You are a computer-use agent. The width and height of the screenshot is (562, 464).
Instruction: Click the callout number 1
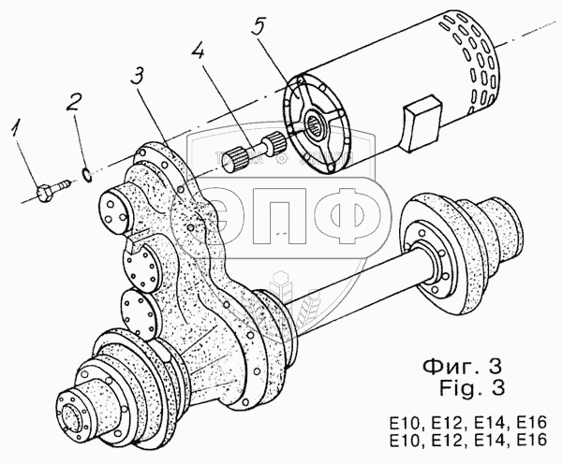pyautogui.click(x=16, y=129)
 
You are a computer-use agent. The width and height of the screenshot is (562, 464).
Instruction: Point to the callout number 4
pyautogui.click(x=199, y=53)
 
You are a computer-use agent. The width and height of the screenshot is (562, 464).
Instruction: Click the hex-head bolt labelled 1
pyautogui.click(x=53, y=190)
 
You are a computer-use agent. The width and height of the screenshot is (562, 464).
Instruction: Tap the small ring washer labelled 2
pyautogui.click(x=87, y=174)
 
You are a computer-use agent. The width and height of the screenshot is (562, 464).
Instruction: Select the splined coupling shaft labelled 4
pyautogui.click(x=255, y=152)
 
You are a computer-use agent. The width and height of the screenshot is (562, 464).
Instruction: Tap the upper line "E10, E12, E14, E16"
pyautogui.click(x=469, y=423)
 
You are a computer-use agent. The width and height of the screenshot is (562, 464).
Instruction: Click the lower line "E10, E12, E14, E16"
pyautogui.click(x=469, y=440)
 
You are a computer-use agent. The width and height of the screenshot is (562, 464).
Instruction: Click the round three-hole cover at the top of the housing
pyautogui.click(x=114, y=210)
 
